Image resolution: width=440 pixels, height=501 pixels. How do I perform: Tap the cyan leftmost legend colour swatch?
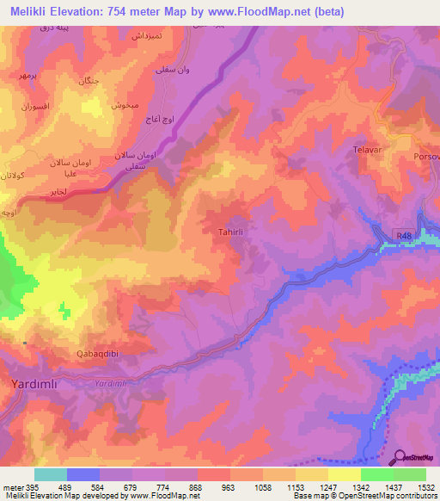51,474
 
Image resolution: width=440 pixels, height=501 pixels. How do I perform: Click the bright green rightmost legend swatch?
410,474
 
